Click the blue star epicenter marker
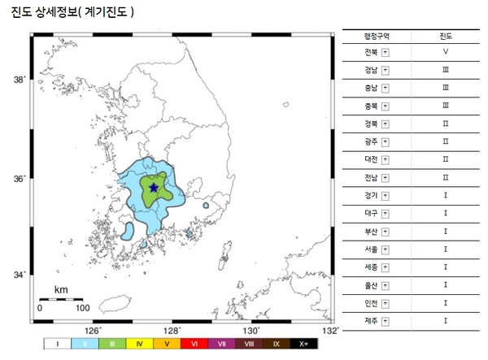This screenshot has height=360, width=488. point(153,187)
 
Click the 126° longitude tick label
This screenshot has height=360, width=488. point(93,331)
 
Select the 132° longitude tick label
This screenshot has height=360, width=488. point(329,331)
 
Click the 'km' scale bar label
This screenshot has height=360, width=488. point(61,289)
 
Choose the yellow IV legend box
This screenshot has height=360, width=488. point(141,345)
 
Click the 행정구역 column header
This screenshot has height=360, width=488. point(377,36)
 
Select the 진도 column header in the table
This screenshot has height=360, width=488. point(445,36)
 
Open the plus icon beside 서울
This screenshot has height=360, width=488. point(385,249)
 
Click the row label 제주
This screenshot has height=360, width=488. point(372,320)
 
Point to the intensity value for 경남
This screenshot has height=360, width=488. point(445,71)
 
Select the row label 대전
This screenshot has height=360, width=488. point(372,160)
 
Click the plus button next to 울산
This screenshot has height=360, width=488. point(385,284)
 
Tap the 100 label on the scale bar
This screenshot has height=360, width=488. point(82,309)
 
